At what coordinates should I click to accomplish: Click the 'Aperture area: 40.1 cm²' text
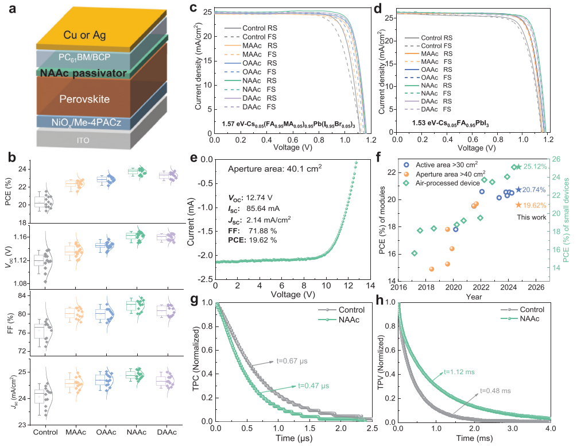(274, 168)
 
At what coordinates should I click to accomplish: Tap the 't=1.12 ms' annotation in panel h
(457, 372)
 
